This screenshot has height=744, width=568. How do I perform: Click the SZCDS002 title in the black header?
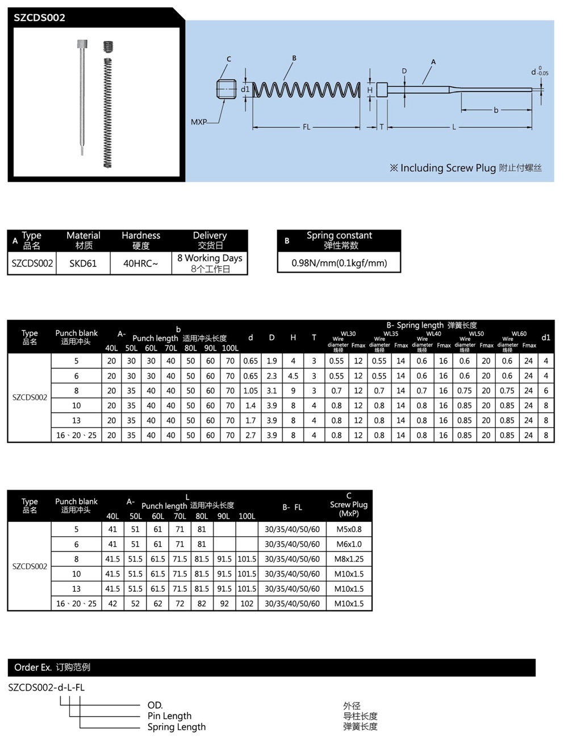pos(39,18)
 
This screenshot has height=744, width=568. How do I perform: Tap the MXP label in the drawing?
pos(199,122)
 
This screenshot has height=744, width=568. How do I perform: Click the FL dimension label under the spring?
pos(306,127)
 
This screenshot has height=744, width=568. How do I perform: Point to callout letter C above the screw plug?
pos(229,59)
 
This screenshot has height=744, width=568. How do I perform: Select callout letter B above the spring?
pos(294,58)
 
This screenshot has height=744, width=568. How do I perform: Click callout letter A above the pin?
pos(433,62)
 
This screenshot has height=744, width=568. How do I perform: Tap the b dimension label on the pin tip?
pos(496,110)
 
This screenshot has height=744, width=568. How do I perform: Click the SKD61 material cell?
pos(83,264)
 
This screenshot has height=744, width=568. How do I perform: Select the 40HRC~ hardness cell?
pos(141,264)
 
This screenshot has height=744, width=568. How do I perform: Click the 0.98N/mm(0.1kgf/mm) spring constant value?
pos(339,263)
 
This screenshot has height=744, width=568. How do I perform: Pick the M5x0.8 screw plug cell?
pos(349,529)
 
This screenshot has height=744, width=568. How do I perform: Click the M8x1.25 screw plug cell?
pos(349,559)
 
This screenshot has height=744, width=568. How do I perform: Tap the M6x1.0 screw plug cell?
pos(349,544)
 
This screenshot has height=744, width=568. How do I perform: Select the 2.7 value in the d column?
pos(250,436)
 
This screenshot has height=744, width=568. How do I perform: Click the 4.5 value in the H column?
pos(293,376)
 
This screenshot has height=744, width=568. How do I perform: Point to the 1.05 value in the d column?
pos(250,391)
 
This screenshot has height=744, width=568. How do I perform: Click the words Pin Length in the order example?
pos(169,716)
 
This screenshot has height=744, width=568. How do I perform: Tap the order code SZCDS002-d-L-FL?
pos(47,687)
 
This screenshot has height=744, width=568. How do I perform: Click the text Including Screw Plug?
pos(448,168)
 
